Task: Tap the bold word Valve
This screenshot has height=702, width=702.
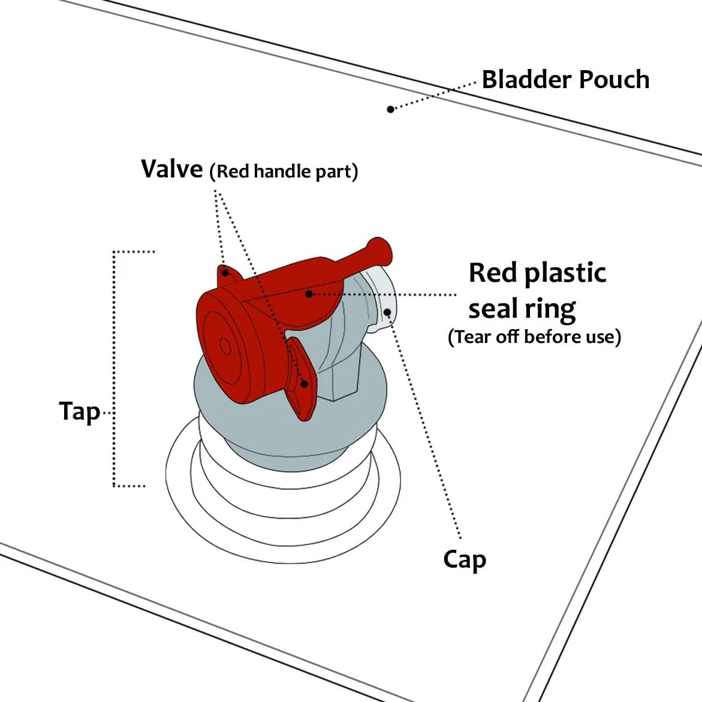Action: point(172,169)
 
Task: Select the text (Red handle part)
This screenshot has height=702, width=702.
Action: point(284,171)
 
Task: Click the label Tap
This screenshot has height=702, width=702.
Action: point(79,412)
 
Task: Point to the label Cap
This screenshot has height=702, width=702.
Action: point(465,560)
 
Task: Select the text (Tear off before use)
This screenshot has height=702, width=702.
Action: point(534,337)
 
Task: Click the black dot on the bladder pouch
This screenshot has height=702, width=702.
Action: point(390,109)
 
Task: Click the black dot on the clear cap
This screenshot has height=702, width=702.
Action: point(387,312)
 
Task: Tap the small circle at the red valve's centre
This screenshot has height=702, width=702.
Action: point(225,345)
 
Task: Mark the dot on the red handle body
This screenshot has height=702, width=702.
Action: point(309,294)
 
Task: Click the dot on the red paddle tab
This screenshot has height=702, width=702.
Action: point(305,384)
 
